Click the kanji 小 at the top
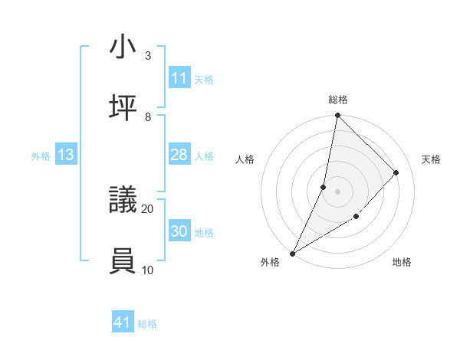pyautogui.click(x=123, y=47)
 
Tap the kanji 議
pyautogui.click(x=123, y=201)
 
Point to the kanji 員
pyautogui.click(x=123, y=261)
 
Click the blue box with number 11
pyautogui.click(x=179, y=78)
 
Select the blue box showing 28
pyautogui.click(x=179, y=155)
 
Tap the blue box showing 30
pyautogui.click(x=179, y=231)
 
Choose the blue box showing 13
pyautogui.click(x=66, y=155)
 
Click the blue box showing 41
pyautogui.click(x=123, y=323)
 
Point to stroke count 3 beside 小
pyautogui.click(x=148, y=56)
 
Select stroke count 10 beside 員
pyautogui.click(x=147, y=270)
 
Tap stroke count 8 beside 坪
pyautogui.click(x=148, y=116)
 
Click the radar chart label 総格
pyautogui.click(x=338, y=100)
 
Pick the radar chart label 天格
pyautogui.click(x=431, y=159)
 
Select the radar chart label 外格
pyautogui.click(x=270, y=262)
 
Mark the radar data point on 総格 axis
pyautogui.click(x=337, y=116)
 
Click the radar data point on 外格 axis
pyautogui.click(x=292, y=253)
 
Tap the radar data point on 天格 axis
pyautogui.click(x=396, y=172)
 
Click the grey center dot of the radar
pyautogui.click(x=337, y=191)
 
